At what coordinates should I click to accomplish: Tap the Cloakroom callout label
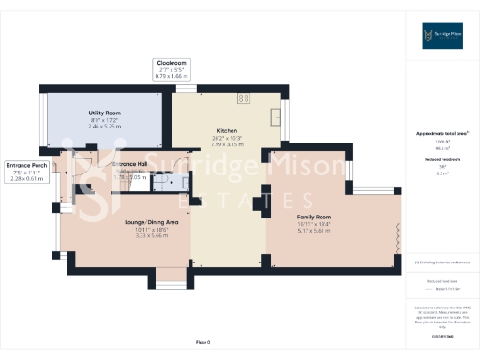click(x=172, y=63)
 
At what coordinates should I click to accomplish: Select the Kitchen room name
click(x=227, y=130)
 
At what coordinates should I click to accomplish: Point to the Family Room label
click(x=315, y=217)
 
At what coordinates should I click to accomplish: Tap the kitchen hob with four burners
click(x=246, y=97)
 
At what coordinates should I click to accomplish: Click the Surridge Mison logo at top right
click(x=442, y=37)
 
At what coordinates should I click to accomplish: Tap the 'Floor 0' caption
click(x=202, y=341)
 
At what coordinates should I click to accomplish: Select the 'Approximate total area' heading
click(x=442, y=134)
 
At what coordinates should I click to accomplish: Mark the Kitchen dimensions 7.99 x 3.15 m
click(x=227, y=144)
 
